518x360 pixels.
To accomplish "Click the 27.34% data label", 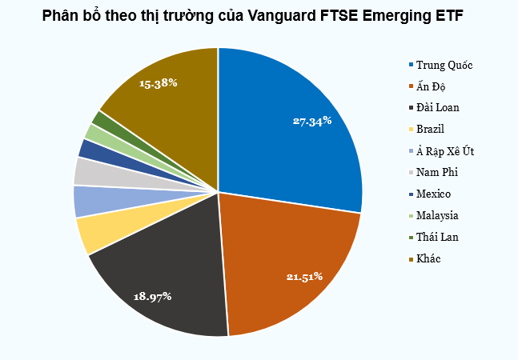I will [312, 122].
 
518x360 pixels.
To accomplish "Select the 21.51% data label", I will [304, 277].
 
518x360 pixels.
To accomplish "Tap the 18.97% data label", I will [152, 296].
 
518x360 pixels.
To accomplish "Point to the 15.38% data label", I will [158, 82].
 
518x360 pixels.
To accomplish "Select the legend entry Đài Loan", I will [437, 107].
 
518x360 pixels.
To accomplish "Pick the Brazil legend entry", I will [430, 129].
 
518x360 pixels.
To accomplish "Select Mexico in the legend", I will [433, 194].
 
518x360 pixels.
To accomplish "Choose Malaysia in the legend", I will [437, 215].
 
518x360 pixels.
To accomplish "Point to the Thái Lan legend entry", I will [437, 237].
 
